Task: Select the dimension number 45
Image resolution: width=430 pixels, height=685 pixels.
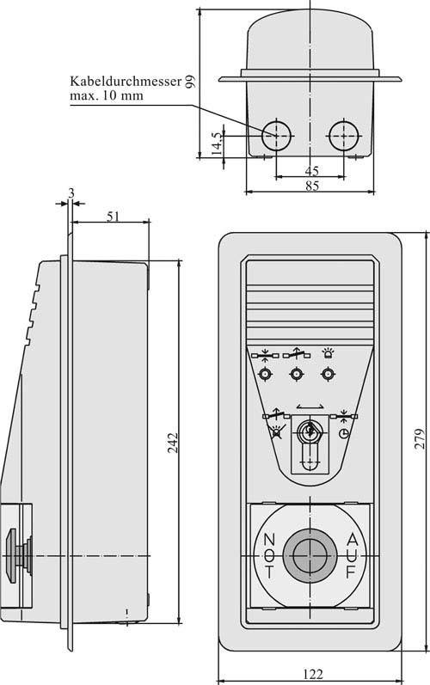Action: click(x=311, y=171)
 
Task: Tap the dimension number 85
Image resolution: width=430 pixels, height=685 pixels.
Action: click(x=310, y=186)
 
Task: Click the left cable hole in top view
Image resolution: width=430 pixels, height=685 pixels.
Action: click(x=277, y=132)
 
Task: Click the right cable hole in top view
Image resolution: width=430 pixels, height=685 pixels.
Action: click(x=344, y=132)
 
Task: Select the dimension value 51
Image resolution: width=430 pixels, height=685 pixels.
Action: click(x=113, y=217)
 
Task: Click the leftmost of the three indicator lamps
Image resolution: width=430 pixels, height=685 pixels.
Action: click(x=265, y=374)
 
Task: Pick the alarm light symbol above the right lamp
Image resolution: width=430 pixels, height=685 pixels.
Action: click(x=327, y=352)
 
